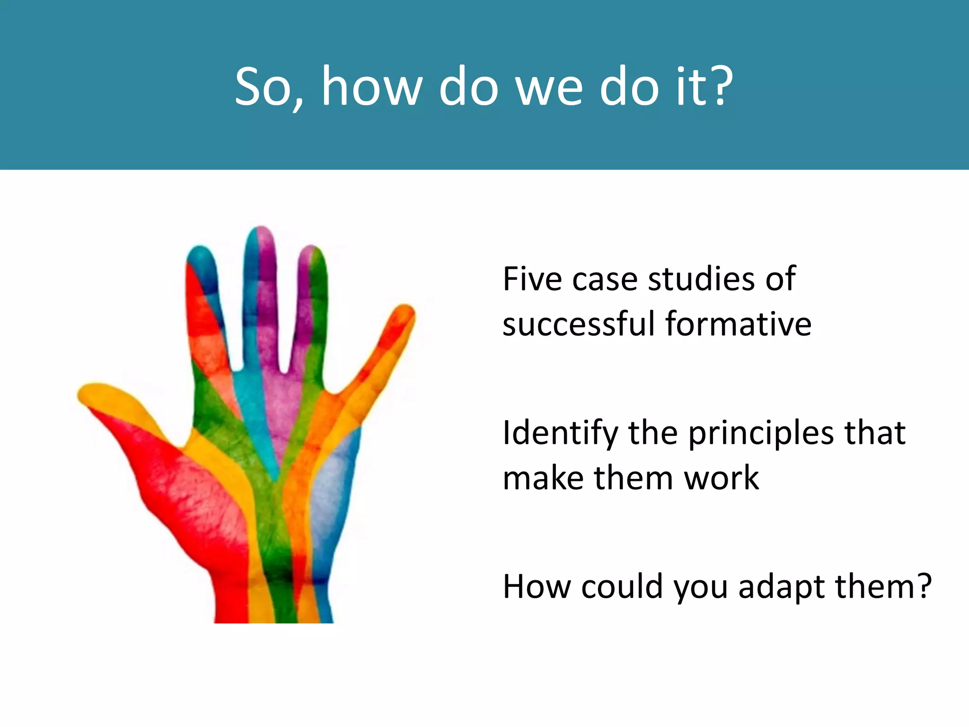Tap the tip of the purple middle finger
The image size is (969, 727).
point(261,235)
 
